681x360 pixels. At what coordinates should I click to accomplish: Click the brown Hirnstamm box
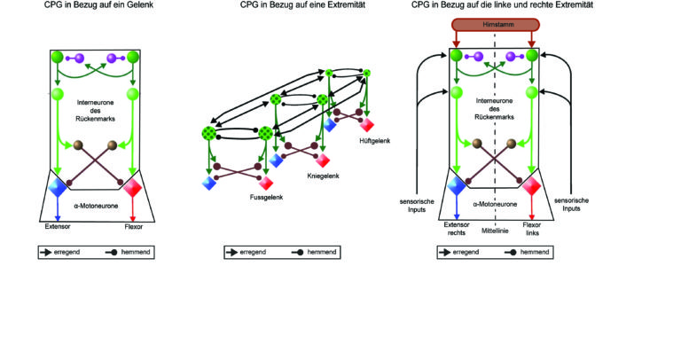(x=496, y=25)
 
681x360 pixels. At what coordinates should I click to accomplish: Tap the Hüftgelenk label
(x=375, y=141)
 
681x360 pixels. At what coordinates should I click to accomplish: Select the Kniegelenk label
(x=323, y=176)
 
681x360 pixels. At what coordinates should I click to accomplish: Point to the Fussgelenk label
(x=266, y=197)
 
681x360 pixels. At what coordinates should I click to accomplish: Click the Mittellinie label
(x=495, y=231)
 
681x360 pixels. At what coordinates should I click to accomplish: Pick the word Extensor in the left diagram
(x=58, y=227)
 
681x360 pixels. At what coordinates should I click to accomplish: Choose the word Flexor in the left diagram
(x=133, y=227)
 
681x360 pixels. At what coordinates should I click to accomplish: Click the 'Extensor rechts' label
(x=457, y=229)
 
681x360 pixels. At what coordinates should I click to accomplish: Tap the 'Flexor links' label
(x=532, y=229)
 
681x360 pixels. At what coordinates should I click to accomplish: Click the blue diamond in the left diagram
(x=58, y=187)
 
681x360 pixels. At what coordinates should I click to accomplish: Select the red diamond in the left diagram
(x=133, y=188)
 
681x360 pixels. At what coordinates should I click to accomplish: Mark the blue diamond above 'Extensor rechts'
(x=457, y=186)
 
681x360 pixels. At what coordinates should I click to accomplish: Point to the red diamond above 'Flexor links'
(x=532, y=186)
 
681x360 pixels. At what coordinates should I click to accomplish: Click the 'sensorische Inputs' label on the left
(x=417, y=206)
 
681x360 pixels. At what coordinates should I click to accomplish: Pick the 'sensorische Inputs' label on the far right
(x=571, y=205)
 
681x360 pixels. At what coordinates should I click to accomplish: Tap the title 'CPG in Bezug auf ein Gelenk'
(x=98, y=5)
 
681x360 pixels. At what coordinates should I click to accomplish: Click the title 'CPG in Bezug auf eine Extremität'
(x=302, y=5)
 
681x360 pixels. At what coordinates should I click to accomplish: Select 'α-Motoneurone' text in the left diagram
(x=96, y=206)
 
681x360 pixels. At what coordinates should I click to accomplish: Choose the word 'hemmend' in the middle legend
(x=321, y=252)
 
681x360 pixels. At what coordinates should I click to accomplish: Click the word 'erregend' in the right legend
(x=466, y=252)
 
